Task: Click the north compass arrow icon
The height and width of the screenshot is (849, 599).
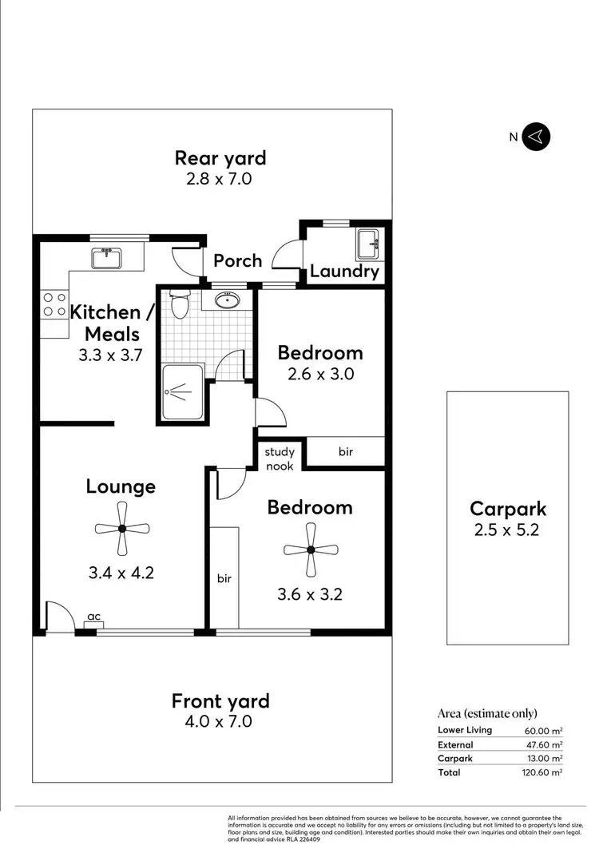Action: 537,137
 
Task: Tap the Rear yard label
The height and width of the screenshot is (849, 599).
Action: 220,158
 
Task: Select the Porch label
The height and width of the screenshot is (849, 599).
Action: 237,260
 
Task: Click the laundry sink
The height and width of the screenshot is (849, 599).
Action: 367,243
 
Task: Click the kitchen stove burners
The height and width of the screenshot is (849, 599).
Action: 54,304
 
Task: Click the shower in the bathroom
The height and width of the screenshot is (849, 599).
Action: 182,391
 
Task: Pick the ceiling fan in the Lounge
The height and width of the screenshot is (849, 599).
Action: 121,528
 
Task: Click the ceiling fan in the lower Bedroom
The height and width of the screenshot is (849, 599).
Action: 311,549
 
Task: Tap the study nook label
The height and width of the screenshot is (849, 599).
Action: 280,459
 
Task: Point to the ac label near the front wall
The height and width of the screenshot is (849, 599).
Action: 93,617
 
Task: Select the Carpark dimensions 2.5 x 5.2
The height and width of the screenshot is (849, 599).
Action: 507,529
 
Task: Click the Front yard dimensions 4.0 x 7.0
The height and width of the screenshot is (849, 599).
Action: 220,721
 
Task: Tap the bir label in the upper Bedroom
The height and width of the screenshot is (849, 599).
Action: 345,452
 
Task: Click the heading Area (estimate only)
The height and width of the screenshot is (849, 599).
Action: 487,713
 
